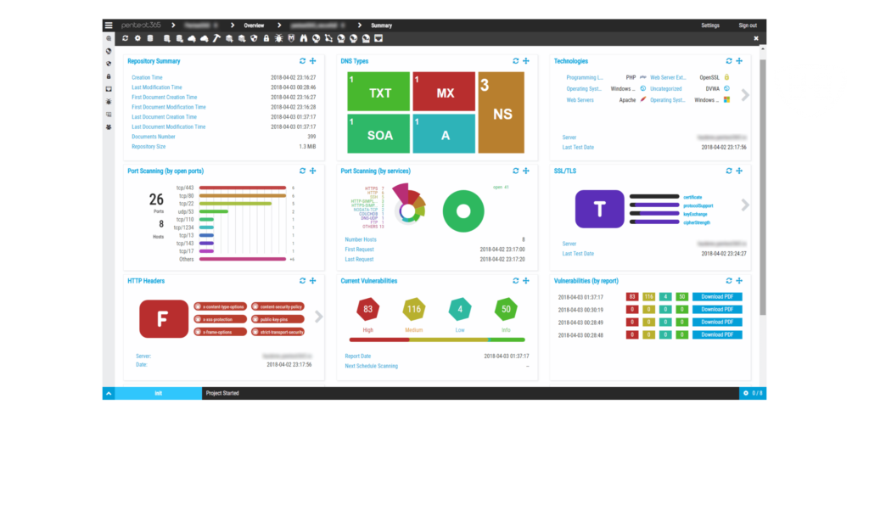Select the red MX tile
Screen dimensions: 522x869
[x=444, y=92]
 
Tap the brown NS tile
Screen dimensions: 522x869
[x=502, y=113]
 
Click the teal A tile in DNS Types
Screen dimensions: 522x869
[x=444, y=134]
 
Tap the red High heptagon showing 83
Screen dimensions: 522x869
[x=368, y=309]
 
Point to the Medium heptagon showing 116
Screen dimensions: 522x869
[x=414, y=309]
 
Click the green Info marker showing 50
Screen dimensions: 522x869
[x=506, y=309]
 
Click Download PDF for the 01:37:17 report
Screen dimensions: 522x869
[x=717, y=297]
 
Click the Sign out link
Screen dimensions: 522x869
[x=748, y=25]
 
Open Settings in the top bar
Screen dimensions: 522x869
[x=710, y=25]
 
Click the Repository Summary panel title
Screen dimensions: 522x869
[x=154, y=61]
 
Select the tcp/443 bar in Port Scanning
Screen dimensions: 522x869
[x=243, y=188]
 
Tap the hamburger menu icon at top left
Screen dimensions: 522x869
[x=109, y=25]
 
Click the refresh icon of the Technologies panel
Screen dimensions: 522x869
[x=727, y=61]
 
